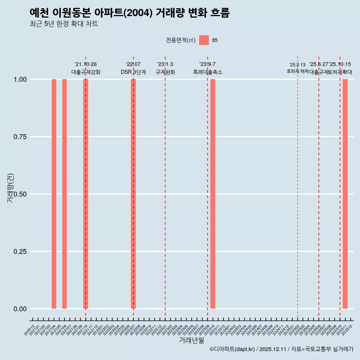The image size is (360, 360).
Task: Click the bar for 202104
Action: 54,194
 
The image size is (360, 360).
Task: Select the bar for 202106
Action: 64,194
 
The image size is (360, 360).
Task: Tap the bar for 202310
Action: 213,194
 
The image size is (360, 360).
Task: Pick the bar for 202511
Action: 345,194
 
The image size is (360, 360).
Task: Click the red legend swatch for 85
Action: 204,40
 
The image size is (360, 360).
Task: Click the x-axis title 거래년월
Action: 191,340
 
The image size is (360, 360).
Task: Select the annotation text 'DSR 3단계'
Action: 133,72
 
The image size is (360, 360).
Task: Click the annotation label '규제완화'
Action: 165,72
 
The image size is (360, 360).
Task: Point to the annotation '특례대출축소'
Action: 208,72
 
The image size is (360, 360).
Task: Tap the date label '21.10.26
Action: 85,64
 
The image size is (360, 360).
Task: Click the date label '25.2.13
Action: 297,65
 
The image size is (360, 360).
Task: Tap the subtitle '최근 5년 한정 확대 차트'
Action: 64,24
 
